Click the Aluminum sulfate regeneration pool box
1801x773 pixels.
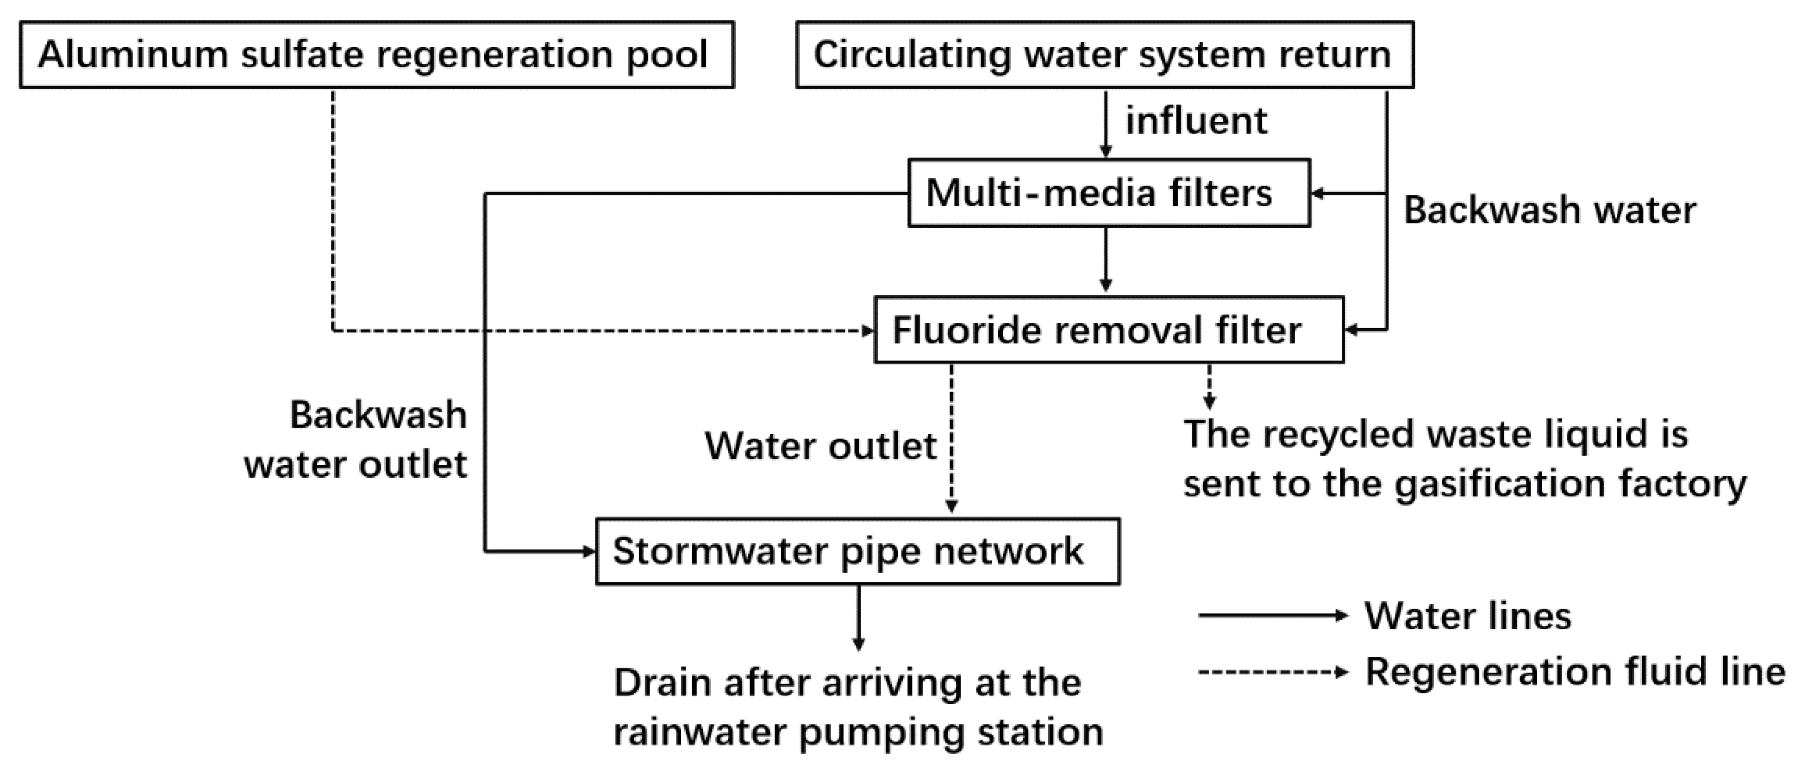click(x=376, y=55)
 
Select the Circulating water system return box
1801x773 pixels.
click(x=1105, y=55)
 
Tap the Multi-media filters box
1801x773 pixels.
click(x=1109, y=193)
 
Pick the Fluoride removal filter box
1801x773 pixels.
click(x=1109, y=330)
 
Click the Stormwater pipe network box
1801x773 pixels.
click(x=857, y=551)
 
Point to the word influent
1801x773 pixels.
click(x=1195, y=121)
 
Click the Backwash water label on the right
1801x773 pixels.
click(x=1549, y=210)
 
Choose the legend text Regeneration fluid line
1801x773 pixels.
click(x=1575, y=673)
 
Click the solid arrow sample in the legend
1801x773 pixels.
click(x=1272, y=616)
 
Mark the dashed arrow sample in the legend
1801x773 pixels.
click(x=1272, y=673)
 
